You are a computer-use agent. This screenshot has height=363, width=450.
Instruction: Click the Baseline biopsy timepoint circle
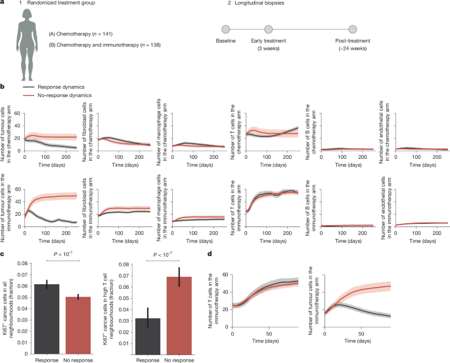(225, 30)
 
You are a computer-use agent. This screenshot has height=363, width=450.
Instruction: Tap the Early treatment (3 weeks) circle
(268, 30)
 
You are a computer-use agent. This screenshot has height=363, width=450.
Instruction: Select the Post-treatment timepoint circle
(353, 30)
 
